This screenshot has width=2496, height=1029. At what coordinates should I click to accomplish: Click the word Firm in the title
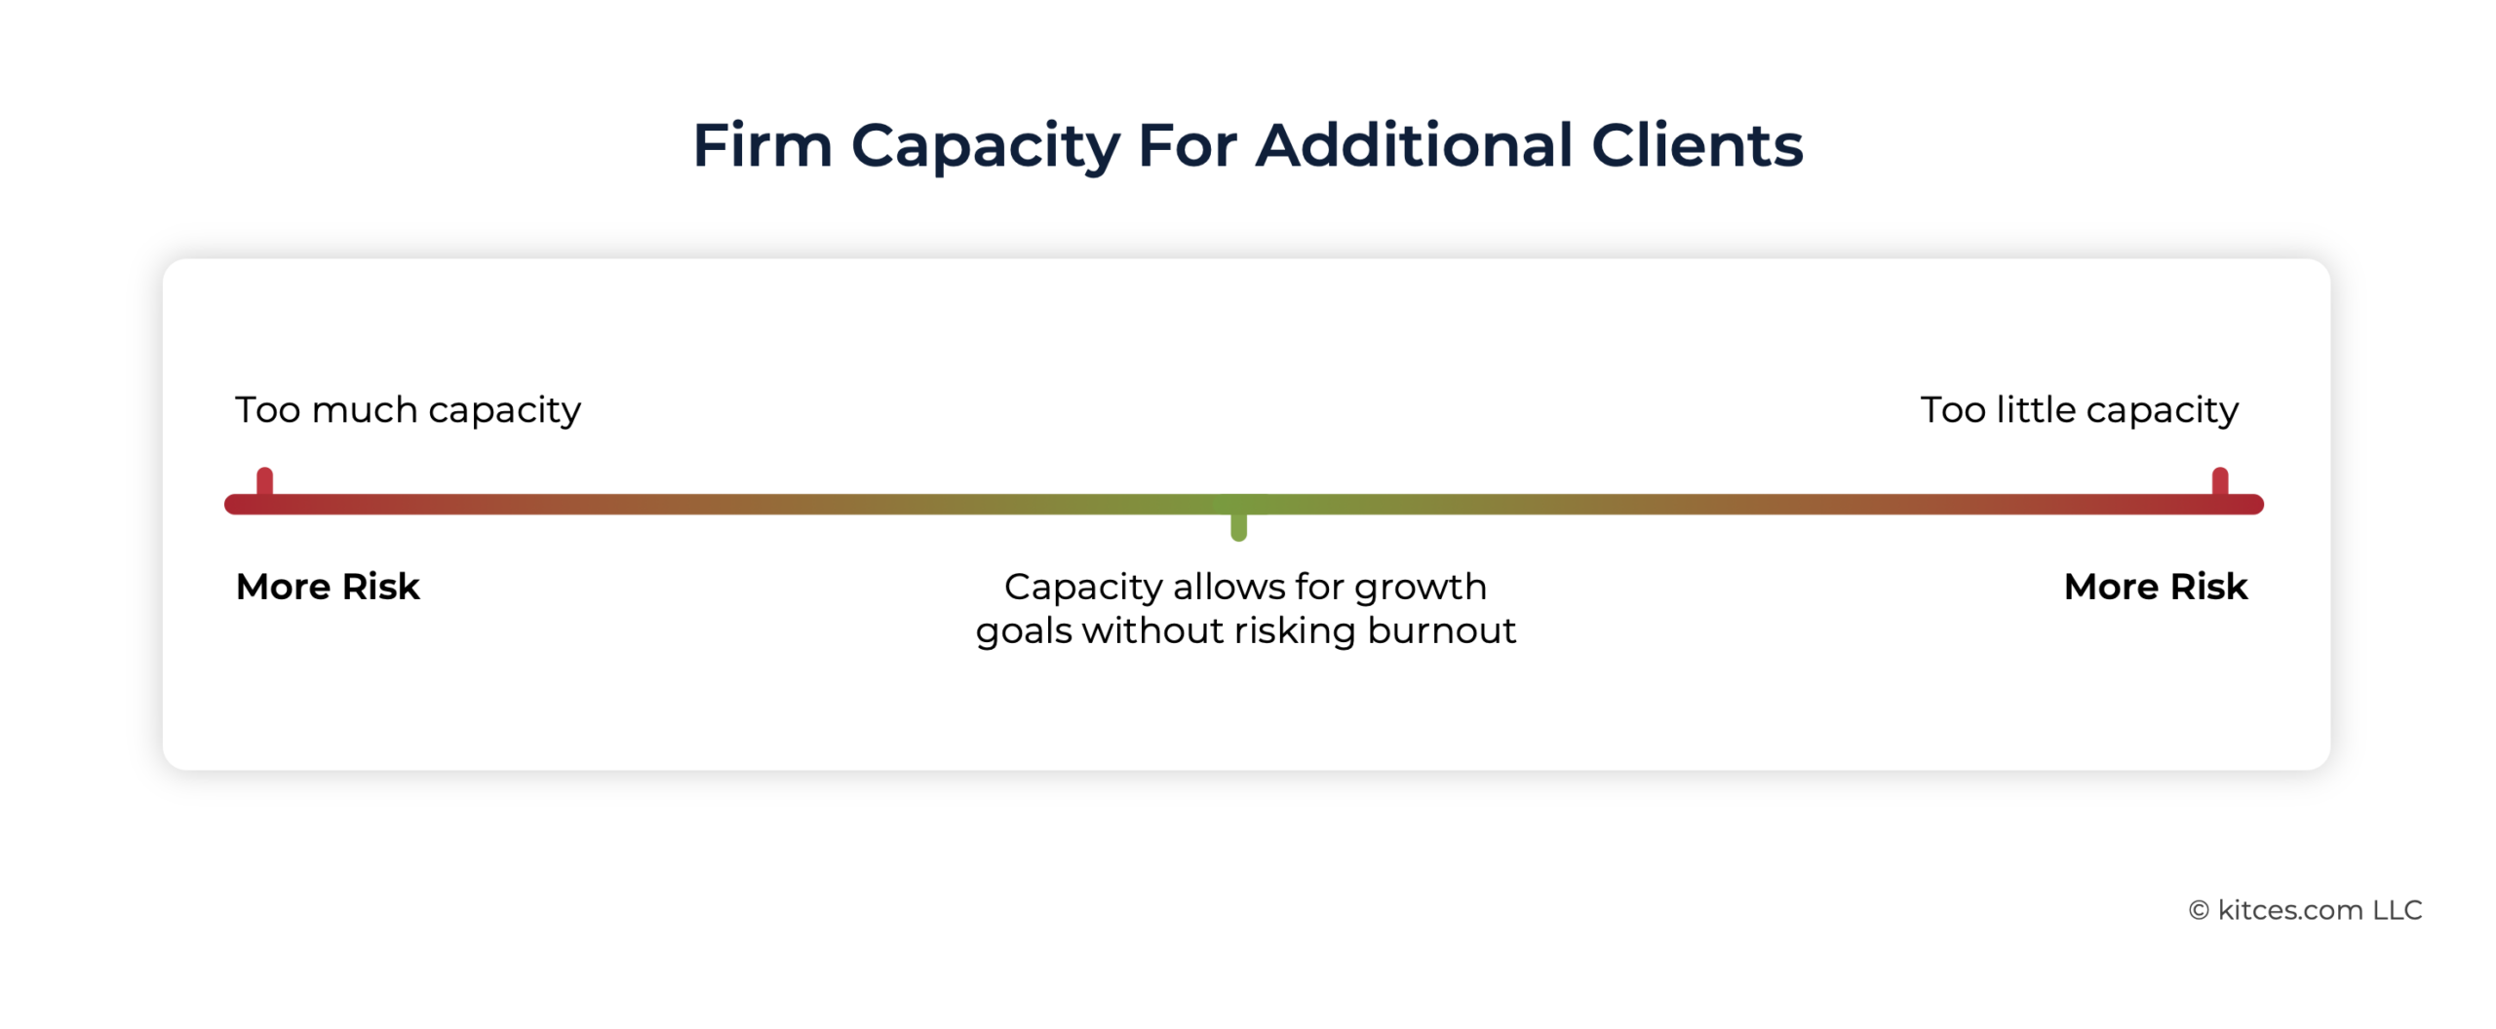pyautogui.click(x=762, y=145)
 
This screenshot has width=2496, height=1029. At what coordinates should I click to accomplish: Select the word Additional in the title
pyautogui.click(x=1414, y=145)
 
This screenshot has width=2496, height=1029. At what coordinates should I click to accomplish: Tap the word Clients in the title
pyautogui.click(x=1696, y=145)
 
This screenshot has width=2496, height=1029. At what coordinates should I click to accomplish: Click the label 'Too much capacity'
pyautogui.click(x=408, y=410)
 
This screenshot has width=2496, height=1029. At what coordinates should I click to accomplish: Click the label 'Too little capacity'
pyautogui.click(x=2079, y=410)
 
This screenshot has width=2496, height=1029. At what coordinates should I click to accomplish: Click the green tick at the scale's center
pyautogui.click(x=1238, y=524)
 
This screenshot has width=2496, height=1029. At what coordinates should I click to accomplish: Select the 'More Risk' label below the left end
pyautogui.click(x=328, y=587)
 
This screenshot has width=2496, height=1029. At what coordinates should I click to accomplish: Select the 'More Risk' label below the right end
pyautogui.click(x=2156, y=587)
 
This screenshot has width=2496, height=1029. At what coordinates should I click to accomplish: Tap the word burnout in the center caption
pyautogui.click(x=1441, y=630)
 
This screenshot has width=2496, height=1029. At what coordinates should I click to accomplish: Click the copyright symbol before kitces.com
pyautogui.click(x=2199, y=910)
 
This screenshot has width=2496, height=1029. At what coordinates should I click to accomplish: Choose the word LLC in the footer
pyautogui.click(x=2398, y=910)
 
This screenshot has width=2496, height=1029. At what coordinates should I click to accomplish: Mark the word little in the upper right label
pyautogui.click(x=2036, y=409)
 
